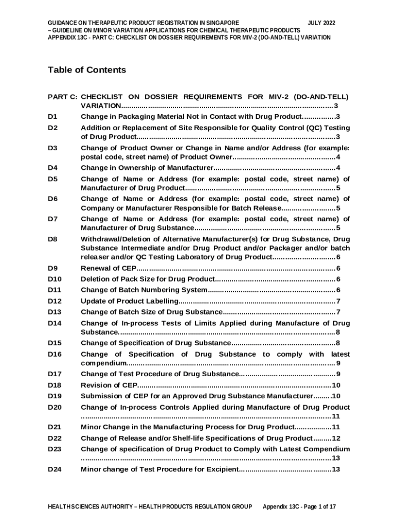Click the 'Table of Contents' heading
coord(86,70)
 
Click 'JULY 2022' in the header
coord(321,23)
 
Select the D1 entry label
coord(52,117)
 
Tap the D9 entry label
coord(52,268)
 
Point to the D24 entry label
coord(55,469)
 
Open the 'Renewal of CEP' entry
coord(109,268)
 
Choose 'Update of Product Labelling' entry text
coord(130,301)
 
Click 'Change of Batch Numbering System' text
coord(144,290)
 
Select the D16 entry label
coord(55,355)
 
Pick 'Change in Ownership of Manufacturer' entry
coord(147,168)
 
